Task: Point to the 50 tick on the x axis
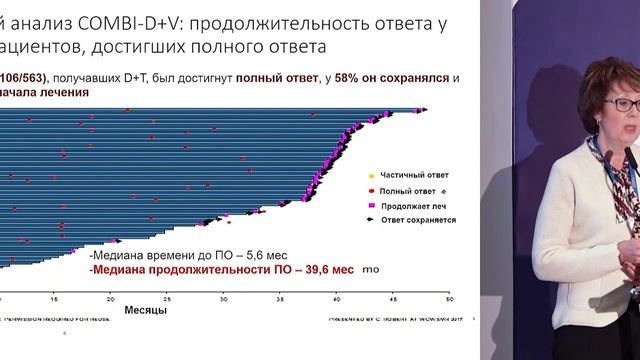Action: pos(449,298)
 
